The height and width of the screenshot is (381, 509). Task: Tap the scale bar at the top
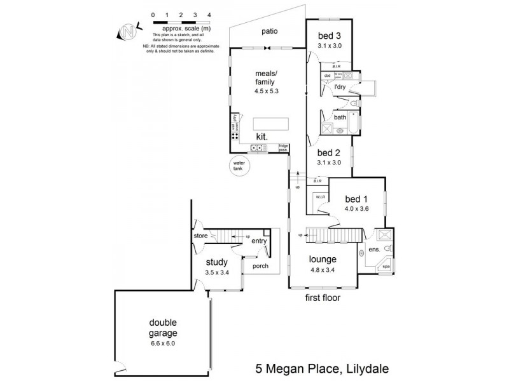(x=181, y=22)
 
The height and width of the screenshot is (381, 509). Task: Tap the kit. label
(x=261, y=137)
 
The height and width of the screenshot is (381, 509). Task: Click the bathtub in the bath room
(x=346, y=128)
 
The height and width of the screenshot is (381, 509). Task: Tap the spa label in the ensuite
(x=386, y=268)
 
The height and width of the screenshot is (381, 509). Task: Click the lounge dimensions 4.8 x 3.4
(x=323, y=269)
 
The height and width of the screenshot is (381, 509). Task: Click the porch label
(x=260, y=266)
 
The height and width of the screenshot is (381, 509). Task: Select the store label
(x=201, y=236)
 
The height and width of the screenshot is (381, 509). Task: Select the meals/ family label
(x=267, y=77)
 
